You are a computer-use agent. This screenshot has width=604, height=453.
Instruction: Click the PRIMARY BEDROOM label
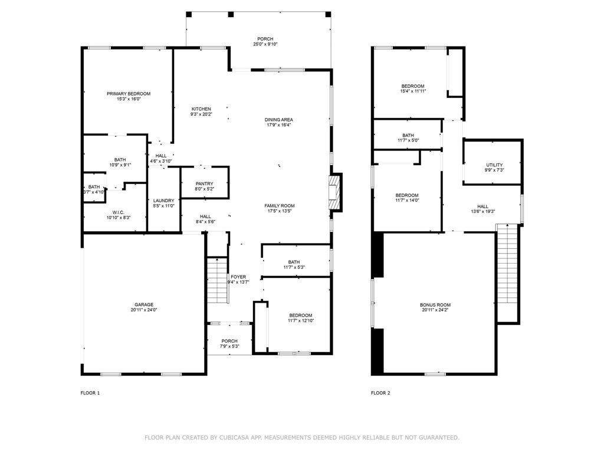129,94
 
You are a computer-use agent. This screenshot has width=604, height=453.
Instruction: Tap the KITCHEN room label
201,109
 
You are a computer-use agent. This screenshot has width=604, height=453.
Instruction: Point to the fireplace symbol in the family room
335,192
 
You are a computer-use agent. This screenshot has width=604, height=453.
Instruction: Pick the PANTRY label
204,183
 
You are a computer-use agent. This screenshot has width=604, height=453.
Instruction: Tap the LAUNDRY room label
163,201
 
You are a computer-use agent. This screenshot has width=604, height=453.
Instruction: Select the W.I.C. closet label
119,212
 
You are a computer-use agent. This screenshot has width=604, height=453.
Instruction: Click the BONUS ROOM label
435,304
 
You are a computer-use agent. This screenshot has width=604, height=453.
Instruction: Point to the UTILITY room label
494,165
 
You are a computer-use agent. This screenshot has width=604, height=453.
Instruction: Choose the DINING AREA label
279,120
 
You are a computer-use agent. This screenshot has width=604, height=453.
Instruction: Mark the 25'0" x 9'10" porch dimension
265,44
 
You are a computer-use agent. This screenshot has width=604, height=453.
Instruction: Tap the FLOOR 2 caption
380,393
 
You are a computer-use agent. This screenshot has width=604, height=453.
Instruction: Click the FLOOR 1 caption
90,393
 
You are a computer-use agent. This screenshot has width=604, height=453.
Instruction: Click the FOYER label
238,277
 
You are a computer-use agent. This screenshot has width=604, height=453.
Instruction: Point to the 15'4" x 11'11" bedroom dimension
413,91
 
